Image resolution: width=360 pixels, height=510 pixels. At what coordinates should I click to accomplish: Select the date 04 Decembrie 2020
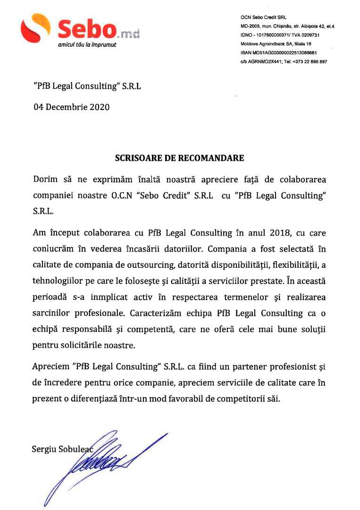click(x=71, y=107)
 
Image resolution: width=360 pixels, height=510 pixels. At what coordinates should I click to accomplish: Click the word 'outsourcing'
click(x=179, y=264)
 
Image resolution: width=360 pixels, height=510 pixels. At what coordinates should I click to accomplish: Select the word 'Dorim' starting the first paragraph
click(x=45, y=180)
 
